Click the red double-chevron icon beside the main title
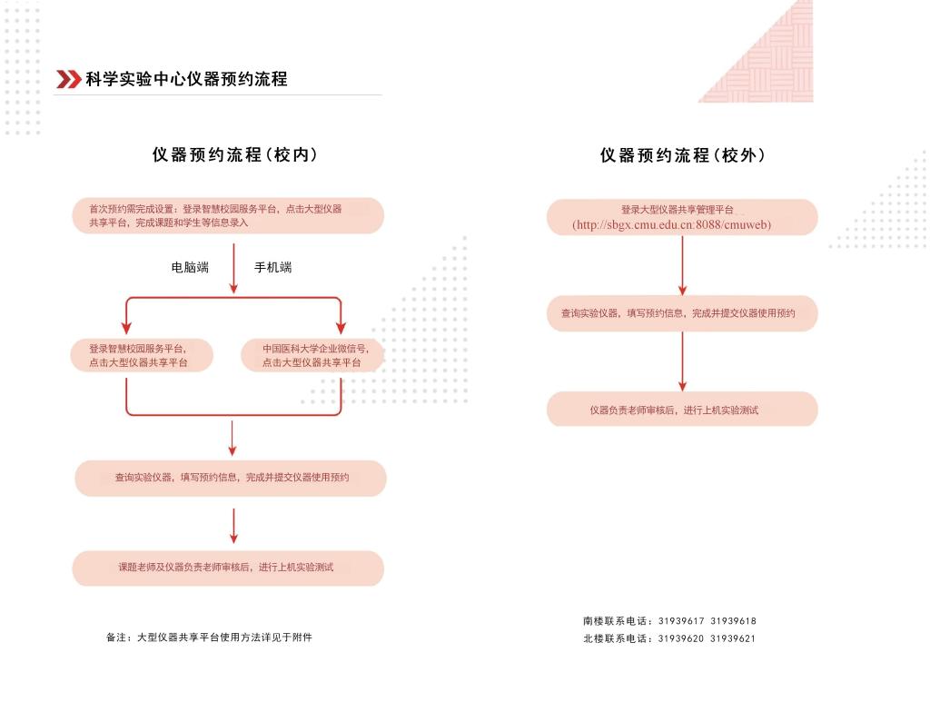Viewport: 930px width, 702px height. click(x=68, y=79)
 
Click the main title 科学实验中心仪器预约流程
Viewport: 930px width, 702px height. click(x=186, y=79)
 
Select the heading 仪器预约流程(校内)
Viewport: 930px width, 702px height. click(x=234, y=155)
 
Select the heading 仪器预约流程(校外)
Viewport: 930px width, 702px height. click(x=682, y=155)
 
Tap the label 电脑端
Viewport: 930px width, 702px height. click(x=190, y=267)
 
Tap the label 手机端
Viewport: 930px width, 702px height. click(x=272, y=267)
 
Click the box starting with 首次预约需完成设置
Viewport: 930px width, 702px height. click(x=228, y=215)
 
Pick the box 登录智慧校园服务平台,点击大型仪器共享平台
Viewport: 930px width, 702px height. click(x=142, y=355)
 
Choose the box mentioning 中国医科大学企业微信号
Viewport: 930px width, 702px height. click(x=312, y=355)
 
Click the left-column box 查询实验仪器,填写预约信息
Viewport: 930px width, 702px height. click(x=231, y=478)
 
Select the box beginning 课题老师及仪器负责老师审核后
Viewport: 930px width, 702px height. click(x=228, y=568)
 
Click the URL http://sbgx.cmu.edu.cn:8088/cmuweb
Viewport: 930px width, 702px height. click(x=672, y=224)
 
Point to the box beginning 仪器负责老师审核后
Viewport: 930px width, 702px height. click(x=682, y=410)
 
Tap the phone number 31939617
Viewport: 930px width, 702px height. click(x=680, y=621)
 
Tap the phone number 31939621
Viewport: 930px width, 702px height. click(x=733, y=638)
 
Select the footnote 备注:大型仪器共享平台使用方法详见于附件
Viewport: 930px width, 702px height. click(x=209, y=638)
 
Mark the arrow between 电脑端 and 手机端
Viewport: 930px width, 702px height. click(x=233, y=268)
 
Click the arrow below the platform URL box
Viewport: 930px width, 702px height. click(x=682, y=265)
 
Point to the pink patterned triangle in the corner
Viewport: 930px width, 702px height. click(x=772, y=54)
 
